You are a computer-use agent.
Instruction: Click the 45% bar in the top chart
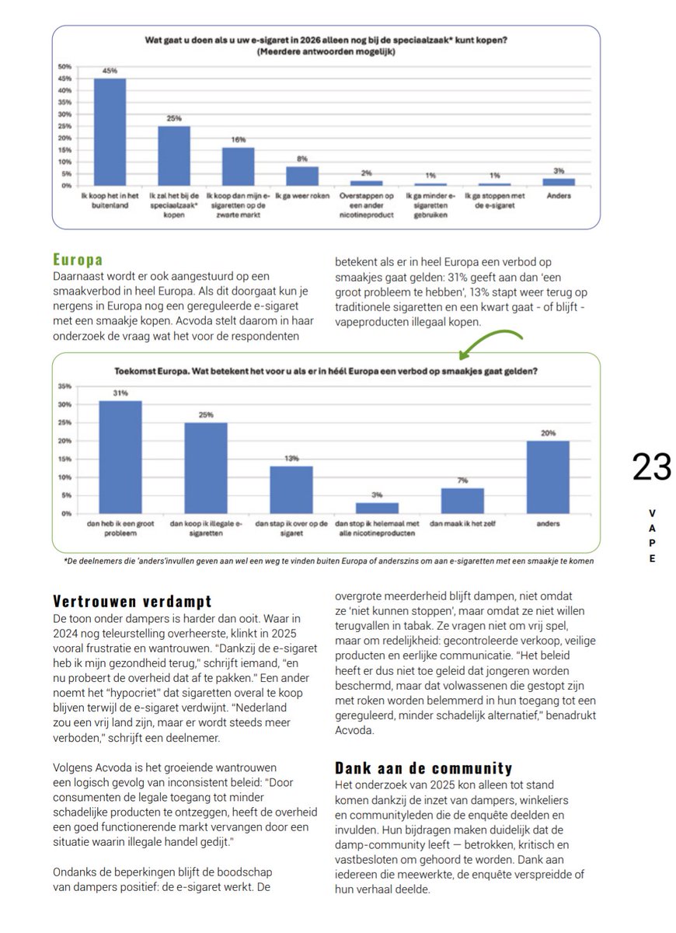coord(110,132)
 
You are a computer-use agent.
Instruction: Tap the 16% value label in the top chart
coord(239,140)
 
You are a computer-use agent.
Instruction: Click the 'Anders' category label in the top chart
coord(559,196)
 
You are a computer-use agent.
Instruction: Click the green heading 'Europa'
coord(78,259)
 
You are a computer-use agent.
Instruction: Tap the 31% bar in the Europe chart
coord(120,457)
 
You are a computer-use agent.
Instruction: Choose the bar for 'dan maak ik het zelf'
coord(462,501)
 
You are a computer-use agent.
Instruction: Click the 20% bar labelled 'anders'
coord(547,477)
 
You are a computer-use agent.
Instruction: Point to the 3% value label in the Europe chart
coord(376,494)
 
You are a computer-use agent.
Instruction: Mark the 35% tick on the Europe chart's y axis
coord(65,386)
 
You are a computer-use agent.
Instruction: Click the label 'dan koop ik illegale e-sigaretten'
coord(205,529)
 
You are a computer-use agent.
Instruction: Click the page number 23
coord(651,467)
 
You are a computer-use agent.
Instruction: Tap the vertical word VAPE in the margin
coord(651,536)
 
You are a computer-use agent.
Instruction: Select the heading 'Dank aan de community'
coord(423,768)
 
